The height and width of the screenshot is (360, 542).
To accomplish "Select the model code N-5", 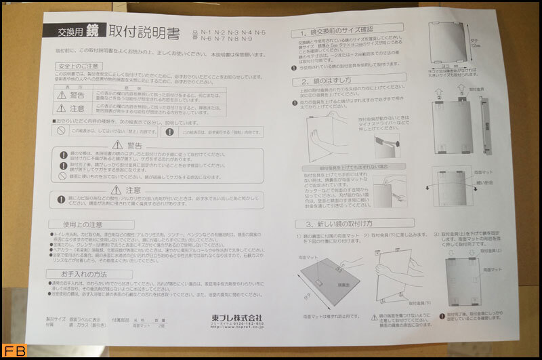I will pos(259,32).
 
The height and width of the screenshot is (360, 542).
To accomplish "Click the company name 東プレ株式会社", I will pos(236,317).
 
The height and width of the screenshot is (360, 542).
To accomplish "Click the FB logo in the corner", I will pos(12,351).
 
